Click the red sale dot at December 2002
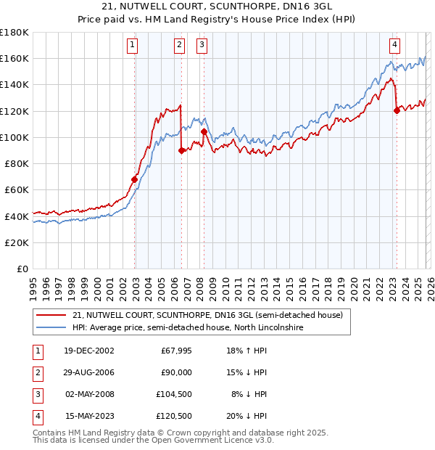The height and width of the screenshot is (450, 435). point(135,179)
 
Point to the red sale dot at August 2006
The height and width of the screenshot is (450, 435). point(181,150)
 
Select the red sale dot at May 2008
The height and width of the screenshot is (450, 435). point(204,131)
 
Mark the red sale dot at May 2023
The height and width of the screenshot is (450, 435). point(397,110)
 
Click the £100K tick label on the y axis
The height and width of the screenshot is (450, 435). point(14,137)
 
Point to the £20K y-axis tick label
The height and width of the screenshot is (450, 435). point(16,242)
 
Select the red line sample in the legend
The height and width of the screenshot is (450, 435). point(51,315)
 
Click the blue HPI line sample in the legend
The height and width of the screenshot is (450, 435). point(51,328)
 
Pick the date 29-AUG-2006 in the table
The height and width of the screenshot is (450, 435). point(90,372)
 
